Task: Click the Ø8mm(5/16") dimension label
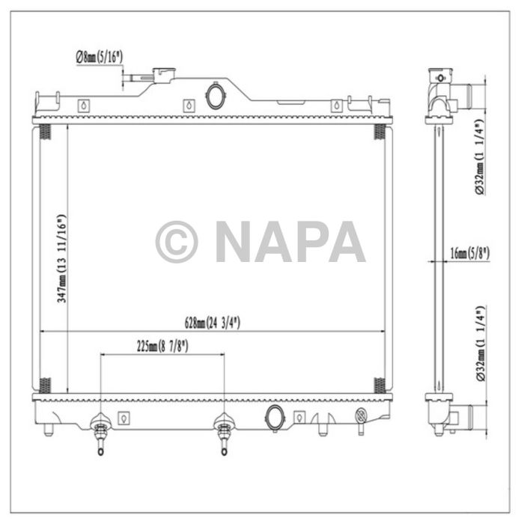(100, 55)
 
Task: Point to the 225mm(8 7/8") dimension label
(162, 346)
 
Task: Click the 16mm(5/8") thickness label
(470, 254)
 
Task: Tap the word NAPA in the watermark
(290, 242)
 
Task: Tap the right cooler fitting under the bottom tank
(223, 433)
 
